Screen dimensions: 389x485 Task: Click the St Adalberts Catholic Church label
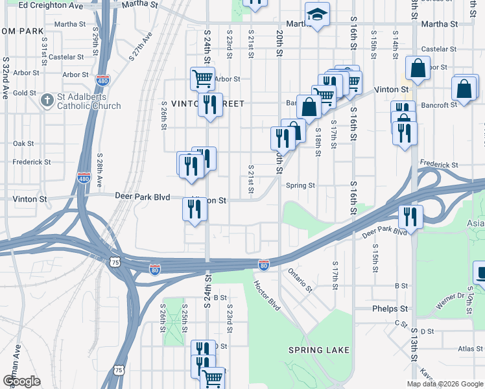(89, 102)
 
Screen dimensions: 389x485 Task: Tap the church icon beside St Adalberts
(47, 101)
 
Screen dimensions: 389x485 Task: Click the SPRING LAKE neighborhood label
(319, 350)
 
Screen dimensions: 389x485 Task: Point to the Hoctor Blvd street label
(266, 295)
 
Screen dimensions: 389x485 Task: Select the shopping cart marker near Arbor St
(202, 79)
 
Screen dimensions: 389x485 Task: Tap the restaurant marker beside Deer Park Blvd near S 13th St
(410, 216)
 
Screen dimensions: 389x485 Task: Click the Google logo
(21, 381)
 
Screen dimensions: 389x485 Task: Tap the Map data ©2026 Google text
(445, 384)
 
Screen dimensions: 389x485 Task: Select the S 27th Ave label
(140, 47)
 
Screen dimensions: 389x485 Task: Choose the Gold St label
(24, 93)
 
